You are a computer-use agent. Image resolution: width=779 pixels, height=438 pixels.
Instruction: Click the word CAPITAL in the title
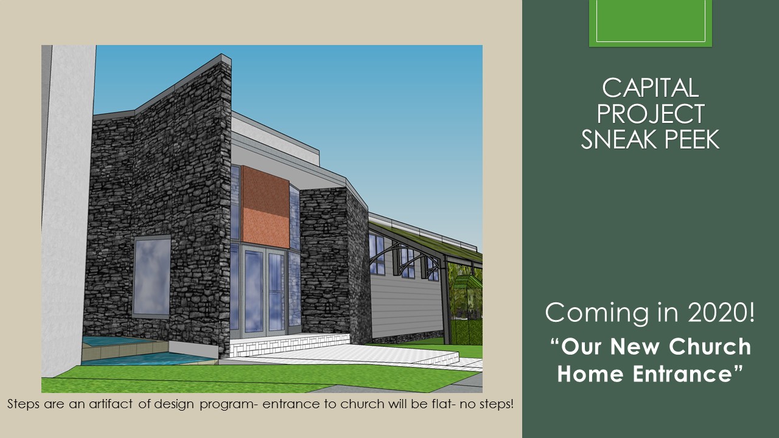(x=651, y=88)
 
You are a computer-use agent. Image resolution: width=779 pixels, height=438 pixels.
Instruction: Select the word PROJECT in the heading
(x=651, y=113)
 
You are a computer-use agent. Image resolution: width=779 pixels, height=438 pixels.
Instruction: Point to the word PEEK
(x=691, y=139)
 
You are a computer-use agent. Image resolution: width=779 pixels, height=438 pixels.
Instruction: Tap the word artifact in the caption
(x=111, y=404)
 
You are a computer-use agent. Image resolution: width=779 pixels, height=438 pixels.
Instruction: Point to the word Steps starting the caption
(x=23, y=404)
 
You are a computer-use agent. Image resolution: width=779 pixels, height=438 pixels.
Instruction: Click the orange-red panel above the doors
(x=265, y=206)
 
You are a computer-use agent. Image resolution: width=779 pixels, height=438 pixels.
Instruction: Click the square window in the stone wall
(x=152, y=276)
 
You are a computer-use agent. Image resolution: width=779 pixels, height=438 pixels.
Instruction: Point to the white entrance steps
(x=289, y=344)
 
